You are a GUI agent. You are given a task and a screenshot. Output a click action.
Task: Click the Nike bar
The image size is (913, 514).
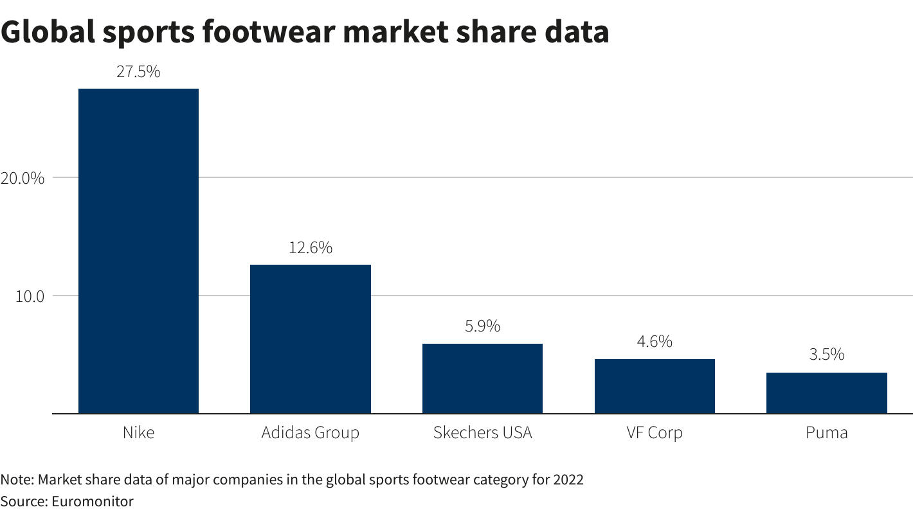pyautogui.click(x=138, y=251)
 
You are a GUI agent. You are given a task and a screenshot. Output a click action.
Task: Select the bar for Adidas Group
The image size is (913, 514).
pyautogui.click(x=310, y=339)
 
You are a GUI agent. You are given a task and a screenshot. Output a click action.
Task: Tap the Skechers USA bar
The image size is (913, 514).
pyautogui.click(x=482, y=378)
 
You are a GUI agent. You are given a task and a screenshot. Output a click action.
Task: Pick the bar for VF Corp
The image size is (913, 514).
pyautogui.click(x=655, y=386)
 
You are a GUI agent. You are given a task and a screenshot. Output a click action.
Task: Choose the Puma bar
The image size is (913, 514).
pyautogui.click(x=826, y=393)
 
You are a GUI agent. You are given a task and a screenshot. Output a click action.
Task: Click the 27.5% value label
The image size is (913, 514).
pyautogui.click(x=138, y=72)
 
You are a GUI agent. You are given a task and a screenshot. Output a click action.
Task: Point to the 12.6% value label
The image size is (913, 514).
pyautogui.click(x=310, y=247)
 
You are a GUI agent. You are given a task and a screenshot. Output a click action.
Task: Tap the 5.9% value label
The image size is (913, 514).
pyautogui.click(x=482, y=326)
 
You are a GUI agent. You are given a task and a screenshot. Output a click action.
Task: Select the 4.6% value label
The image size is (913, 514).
pyautogui.click(x=655, y=342)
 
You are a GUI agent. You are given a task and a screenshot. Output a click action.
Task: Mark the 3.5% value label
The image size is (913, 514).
pyautogui.click(x=826, y=355)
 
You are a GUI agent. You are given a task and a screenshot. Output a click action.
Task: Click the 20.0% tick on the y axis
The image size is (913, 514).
pyautogui.click(x=23, y=178)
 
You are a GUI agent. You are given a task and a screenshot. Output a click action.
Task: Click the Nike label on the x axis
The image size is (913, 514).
pyautogui.click(x=138, y=432)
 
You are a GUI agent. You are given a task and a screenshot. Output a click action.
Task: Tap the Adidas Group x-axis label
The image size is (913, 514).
pyautogui.click(x=310, y=432)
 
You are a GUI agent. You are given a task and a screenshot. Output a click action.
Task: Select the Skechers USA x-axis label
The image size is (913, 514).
pyautogui.click(x=482, y=432)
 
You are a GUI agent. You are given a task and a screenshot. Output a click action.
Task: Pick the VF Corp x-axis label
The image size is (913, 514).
pyautogui.click(x=655, y=432)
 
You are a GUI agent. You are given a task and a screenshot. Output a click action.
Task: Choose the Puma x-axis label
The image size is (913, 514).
pyautogui.click(x=826, y=432)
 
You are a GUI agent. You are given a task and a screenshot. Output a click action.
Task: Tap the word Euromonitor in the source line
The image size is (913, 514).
pyautogui.click(x=91, y=501)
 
